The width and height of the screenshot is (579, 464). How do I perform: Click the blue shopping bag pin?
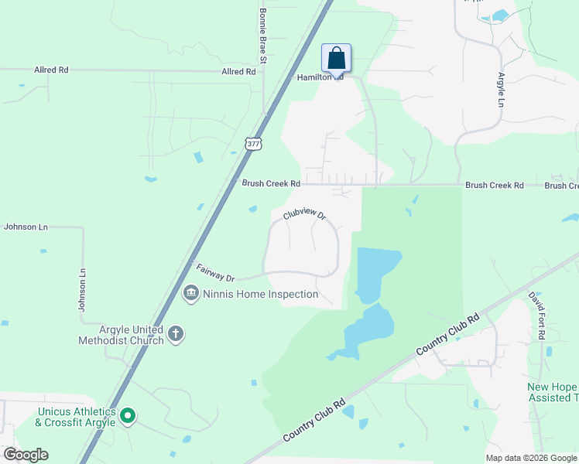pos(336,59)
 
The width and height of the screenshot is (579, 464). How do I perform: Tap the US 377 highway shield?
pos(252,143)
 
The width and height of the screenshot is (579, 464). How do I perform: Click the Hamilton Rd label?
pos(320,78)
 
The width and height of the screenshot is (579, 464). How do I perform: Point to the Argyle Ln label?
pos(501,92)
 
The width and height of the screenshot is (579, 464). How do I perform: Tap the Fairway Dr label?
pos(215,273)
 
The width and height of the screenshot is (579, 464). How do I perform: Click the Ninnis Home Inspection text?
pos(260,294)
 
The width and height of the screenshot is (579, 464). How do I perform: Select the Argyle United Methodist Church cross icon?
pos(176,333)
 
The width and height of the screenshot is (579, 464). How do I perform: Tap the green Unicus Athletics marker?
pos(128,416)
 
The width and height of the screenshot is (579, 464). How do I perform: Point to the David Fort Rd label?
pos(537,315)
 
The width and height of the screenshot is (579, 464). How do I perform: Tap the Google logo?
pos(26,455)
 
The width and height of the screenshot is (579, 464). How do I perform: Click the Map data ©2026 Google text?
pos(531,458)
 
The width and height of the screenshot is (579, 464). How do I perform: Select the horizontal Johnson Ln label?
pos(26,227)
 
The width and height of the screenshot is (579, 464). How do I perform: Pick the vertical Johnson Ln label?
pos(81,290)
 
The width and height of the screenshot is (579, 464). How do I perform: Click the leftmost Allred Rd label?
pos(51,70)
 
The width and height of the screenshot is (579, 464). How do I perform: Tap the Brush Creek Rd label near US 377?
pos(270,184)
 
